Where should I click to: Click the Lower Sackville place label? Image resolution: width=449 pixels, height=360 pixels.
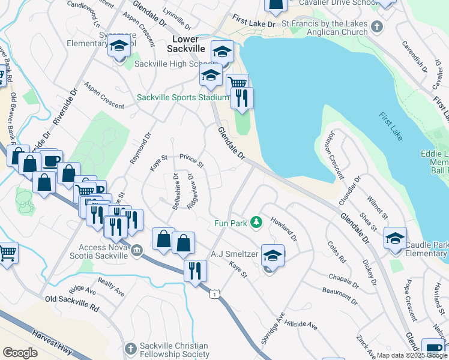pyautogui.click(x=185, y=44)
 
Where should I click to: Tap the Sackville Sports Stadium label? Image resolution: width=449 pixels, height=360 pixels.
pyautogui.click(x=183, y=97)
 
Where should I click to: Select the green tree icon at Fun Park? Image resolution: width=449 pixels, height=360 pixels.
pyautogui.click(x=257, y=223)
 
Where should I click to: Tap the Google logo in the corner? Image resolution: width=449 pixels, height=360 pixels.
pyautogui.click(x=20, y=352)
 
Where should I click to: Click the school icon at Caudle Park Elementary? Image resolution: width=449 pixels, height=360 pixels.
pyautogui.click(x=395, y=238)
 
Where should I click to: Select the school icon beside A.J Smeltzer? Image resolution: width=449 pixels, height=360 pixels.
pyautogui.click(x=273, y=255)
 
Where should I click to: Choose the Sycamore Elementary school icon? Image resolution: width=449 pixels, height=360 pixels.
pyautogui.click(x=119, y=46)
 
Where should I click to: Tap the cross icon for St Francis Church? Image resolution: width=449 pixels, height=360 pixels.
pyautogui.click(x=377, y=26)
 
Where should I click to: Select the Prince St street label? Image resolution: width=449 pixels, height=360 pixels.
pyautogui.click(x=192, y=160)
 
